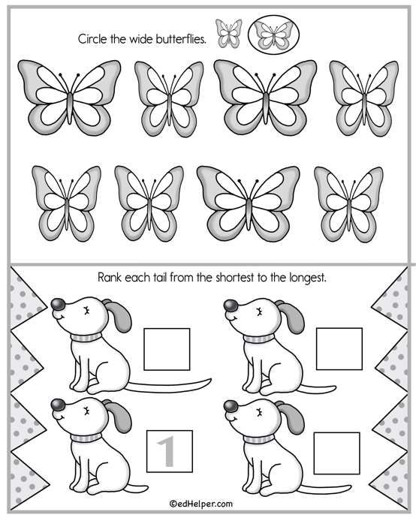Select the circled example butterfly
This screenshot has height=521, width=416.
[274, 35]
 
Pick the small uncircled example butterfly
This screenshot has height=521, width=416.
[228, 34]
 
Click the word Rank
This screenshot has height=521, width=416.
[110, 277]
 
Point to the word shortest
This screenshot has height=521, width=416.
[235, 277]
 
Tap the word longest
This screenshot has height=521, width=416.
[308, 278]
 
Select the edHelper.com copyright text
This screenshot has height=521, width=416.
[201, 504]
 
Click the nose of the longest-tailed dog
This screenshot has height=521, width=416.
[59, 304]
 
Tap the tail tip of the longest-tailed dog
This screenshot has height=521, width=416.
[211, 380]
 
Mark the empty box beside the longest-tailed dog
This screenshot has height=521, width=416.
[167, 349]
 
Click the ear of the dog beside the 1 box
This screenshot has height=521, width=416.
[118, 416]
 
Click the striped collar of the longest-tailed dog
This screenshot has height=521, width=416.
[86, 338]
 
